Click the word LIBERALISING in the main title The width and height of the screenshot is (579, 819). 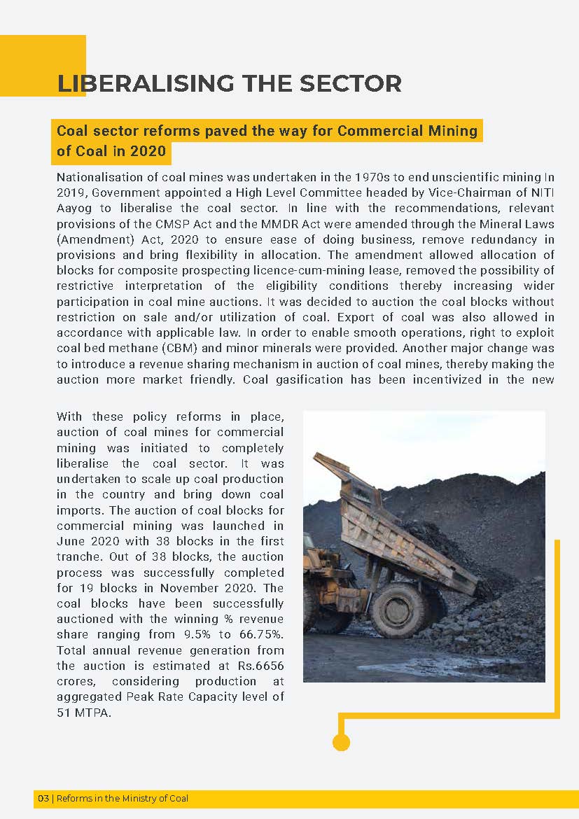coord(139,83)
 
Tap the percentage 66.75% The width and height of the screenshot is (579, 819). coord(259,634)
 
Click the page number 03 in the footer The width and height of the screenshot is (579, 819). coord(43,799)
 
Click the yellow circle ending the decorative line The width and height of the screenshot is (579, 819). coord(341,743)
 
